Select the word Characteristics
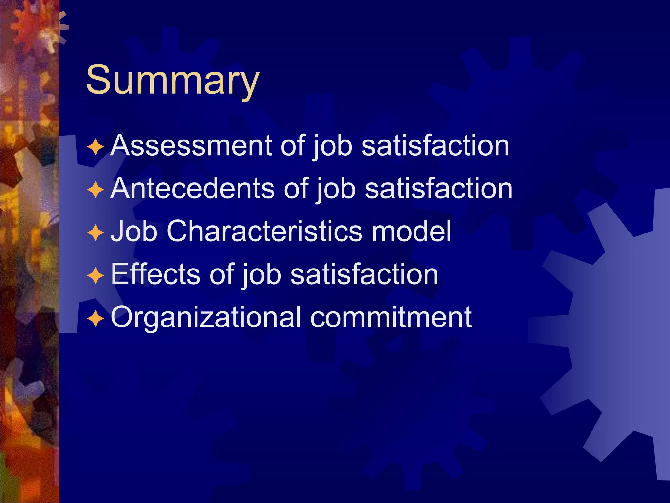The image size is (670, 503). (264, 231)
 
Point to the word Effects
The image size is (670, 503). (155, 274)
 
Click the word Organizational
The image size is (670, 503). (206, 317)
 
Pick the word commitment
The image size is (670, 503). (391, 317)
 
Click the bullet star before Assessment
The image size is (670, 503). (96, 147)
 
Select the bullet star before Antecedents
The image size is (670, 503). (96, 190)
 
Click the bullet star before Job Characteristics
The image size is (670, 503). (96, 233)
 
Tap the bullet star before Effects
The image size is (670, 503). (96, 276)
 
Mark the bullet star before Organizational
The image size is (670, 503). (96, 319)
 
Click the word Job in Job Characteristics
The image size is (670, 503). (134, 231)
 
